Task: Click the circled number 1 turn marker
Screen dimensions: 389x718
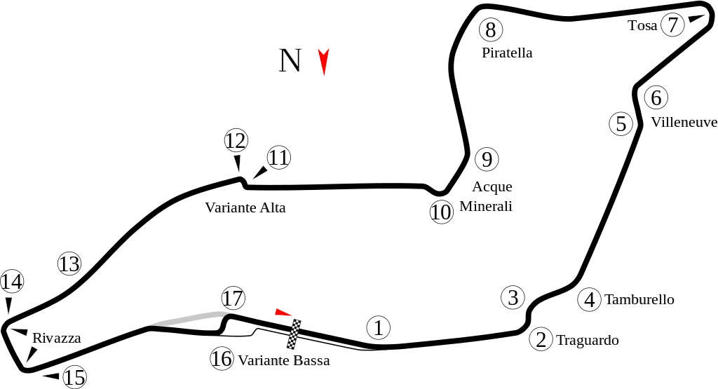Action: pyautogui.click(x=378, y=327)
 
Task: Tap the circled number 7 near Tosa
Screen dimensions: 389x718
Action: pyautogui.click(x=672, y=25)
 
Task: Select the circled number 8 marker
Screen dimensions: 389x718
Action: pyautogui.click(x=491, y=30)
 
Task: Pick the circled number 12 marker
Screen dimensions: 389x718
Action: pyautogui.click(x=236, y=141)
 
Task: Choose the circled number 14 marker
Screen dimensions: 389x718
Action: pyautogui.click(x=12, y=282)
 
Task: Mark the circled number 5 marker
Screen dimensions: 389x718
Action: pyautogui.click(x=621, y=124)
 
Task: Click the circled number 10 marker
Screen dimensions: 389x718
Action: pyautogui.click(x=441, y=212)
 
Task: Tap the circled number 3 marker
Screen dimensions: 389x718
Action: pyautogui.click(x=513, y=297)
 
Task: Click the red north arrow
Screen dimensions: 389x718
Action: pyautogui.click(x=323, y=61)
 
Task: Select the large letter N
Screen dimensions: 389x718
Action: pyautogui.click(x=290, y=60)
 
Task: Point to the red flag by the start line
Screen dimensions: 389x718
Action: pyautogui.click(x=283, y=312)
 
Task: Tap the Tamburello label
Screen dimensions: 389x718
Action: pyautogui.click(x=639, y=300)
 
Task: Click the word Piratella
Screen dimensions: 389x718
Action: pyautogui.click(x=508, y=53)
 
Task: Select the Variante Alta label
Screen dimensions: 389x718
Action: pyautogui.click(x=245, y=208)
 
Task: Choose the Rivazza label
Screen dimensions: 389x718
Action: pyautogui.click(x=56, y=339)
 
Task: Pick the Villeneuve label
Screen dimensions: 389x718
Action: pyautogui.click(x=684, y=122)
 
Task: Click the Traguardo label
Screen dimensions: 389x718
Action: pyautogui.click(x=587, y=341)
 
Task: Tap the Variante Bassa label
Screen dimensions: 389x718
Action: pyautogui.click(x=283, y=361)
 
